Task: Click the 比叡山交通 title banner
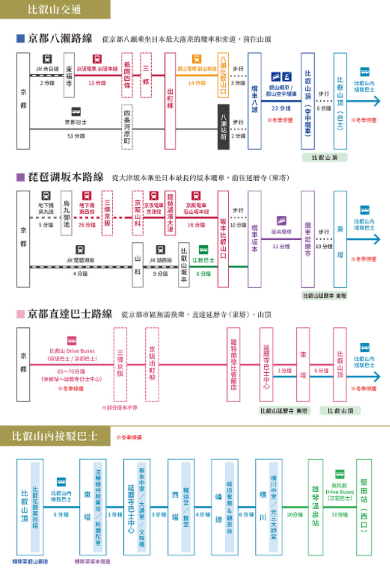(55, 9)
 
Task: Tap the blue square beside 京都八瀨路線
(20, 39)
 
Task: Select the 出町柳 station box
(170, 101)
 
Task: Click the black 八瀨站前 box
(223, 127)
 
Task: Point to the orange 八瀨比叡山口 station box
(223, 75)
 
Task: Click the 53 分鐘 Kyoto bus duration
(76, 136)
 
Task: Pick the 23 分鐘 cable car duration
(281, 108)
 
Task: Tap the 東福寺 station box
(69, 75)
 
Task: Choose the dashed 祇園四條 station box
(127, 75)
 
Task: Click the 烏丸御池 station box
(66, 213)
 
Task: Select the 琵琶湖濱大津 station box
(170, 213)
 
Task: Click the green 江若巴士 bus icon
(203, 250)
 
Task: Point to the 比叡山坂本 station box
(184, 264)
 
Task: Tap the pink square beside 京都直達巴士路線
(20, 314)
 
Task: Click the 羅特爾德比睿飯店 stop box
(234, 365)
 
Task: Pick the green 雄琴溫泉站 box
(315, 507)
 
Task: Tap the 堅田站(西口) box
(364, 507)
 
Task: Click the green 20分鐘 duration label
(295, 515)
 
